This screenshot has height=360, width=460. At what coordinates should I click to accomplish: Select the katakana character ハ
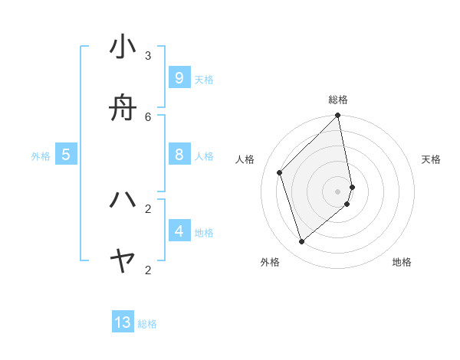(x=123, y=200)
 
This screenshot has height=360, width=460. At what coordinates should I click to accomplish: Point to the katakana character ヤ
(x=123, y=262)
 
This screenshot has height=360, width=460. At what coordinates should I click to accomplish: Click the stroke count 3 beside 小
(x=148, y=55)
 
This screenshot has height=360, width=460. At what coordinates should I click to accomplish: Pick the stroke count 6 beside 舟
(x=148, y=116)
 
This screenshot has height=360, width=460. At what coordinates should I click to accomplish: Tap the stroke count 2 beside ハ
(x=148, y=208)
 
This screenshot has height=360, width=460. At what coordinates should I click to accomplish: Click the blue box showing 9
(x=179, y=78)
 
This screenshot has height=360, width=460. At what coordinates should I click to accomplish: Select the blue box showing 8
(x=179, y=155)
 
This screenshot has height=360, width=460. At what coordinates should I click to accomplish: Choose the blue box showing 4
(x=179, y=231)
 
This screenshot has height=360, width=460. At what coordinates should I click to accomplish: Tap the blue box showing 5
(x=66, y=155)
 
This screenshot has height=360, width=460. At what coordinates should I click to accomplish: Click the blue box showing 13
(x=123, y=322)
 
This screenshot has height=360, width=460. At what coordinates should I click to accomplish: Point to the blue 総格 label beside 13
(x=147, y=324)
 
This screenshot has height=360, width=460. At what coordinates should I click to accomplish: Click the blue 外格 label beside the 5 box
(x=41, y=156)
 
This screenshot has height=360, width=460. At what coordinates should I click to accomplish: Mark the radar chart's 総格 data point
(x=338, y=116)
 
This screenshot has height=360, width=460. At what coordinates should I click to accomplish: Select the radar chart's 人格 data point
(x=280, y=172)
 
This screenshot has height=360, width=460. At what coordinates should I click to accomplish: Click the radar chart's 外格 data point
(x=302, y=242)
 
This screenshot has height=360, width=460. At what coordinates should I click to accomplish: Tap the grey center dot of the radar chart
(x=338, y=191)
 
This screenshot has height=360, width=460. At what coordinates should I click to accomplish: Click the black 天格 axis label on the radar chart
(x=431, y=159)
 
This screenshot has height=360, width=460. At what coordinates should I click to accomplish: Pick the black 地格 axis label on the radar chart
(x=402, y=262)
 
